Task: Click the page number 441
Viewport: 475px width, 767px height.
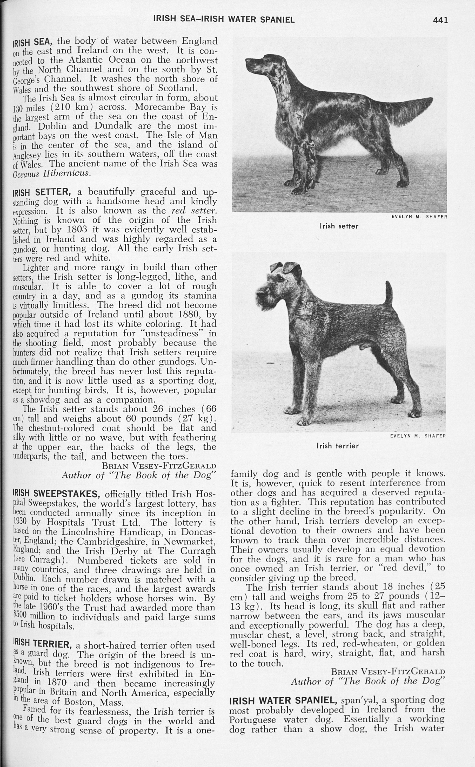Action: click(440, 20)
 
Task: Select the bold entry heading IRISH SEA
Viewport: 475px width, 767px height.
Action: click(34, 42)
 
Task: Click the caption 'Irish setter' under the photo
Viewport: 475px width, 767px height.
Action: click(339, 226)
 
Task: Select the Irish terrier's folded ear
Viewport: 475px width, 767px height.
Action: click(291, 268)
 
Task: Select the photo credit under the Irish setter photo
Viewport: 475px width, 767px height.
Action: click(419, 217)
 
